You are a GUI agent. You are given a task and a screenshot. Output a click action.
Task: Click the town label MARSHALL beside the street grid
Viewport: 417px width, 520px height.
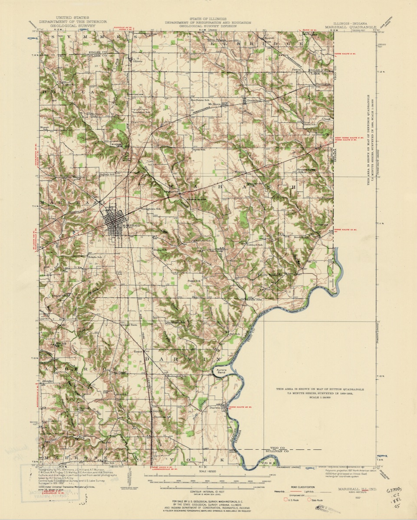click(x=131, y=226)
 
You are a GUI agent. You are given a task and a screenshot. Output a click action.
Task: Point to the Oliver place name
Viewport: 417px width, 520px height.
click(x=138, y=61)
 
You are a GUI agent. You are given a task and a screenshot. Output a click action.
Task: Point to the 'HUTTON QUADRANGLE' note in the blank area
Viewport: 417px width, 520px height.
click(x=320, y=389)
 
